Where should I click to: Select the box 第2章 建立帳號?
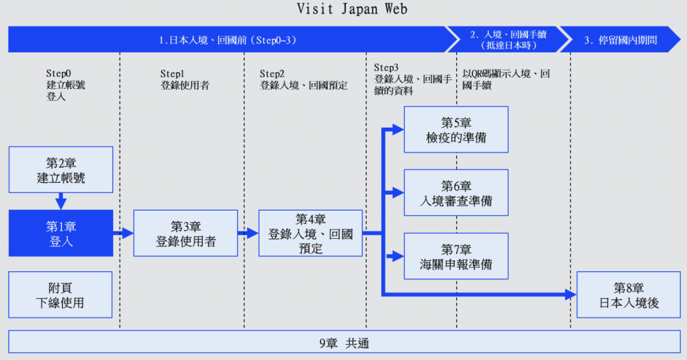pyautogui.click(x=61, y=169)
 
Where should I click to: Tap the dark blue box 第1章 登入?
pyautogui.click(x=61, y=233)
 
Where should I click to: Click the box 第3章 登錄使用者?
pyautogui.click(x=185, y=233)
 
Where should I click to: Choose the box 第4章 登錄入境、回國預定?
pyautogui.click(x=310, y=233)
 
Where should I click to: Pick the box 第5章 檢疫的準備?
pyautogui.click(x=456, y=129)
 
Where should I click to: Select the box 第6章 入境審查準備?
pyautogui.click(x=456, y=193)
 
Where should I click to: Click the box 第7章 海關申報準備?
pyautogui.click(x=456, y=256)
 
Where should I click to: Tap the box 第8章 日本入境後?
pyautogui.click(x=628, y=295)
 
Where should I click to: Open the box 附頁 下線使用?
pyautogui.click(x=61, y=295)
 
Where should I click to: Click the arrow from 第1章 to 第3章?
pyautogui.click(x=123, y=233)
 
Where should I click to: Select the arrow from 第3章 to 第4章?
pyautogui.click(x=248, y=233)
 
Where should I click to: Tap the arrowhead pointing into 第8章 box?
pyautogui.click(x=570, y=295)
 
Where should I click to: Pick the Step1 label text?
pyautogui.click(x=172, y=74)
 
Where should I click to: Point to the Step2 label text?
pyautogui.click(x=272, y=74)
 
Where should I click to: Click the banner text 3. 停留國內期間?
pyautogui.click(x=620, y=40)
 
